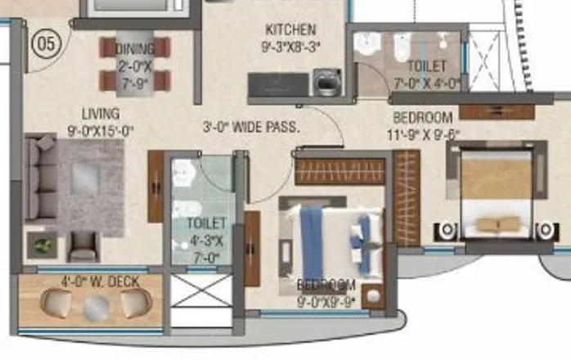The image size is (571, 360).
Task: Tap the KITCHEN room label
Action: pos(290,30)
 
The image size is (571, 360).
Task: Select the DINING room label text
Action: pos(135,48)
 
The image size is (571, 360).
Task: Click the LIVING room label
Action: pos(101,114)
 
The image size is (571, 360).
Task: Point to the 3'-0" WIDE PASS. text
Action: pos(251,127)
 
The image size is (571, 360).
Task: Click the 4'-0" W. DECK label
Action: pos(100,282)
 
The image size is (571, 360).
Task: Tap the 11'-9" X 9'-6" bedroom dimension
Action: pos(425,135)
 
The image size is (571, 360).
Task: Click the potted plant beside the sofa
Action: pos(43,244)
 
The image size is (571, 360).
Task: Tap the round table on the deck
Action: pos(97,306)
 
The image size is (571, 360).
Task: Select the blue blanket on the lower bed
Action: pos(312,243)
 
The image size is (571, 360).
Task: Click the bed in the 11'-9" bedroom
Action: pos(495,193)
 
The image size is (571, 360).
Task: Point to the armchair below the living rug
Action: pos(83,245)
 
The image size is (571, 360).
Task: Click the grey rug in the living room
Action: pos(89,184)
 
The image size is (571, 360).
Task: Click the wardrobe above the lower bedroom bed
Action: pos(339,172)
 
